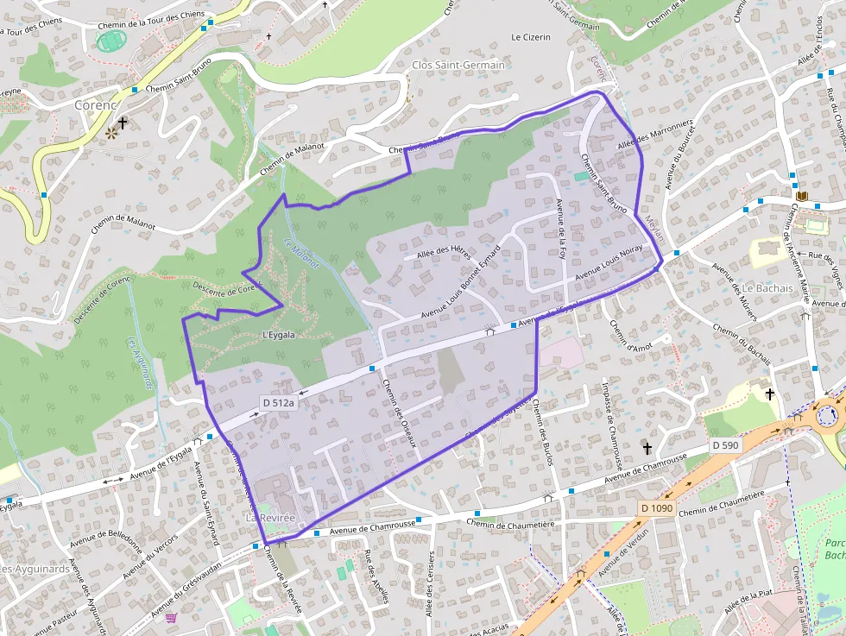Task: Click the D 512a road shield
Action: [279, 402]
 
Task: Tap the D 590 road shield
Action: [726, 445]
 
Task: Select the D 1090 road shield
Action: [656, 508]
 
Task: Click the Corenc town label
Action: [95, 104]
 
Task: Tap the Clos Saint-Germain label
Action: [458, 66]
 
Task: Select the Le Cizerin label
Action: [530, 37]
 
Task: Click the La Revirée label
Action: [270, 517]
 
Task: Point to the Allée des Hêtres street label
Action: [443, 251]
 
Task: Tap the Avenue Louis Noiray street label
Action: [609, 261]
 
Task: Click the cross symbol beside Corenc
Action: [123, 123]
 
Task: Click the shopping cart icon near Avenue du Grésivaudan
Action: [171, 618]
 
